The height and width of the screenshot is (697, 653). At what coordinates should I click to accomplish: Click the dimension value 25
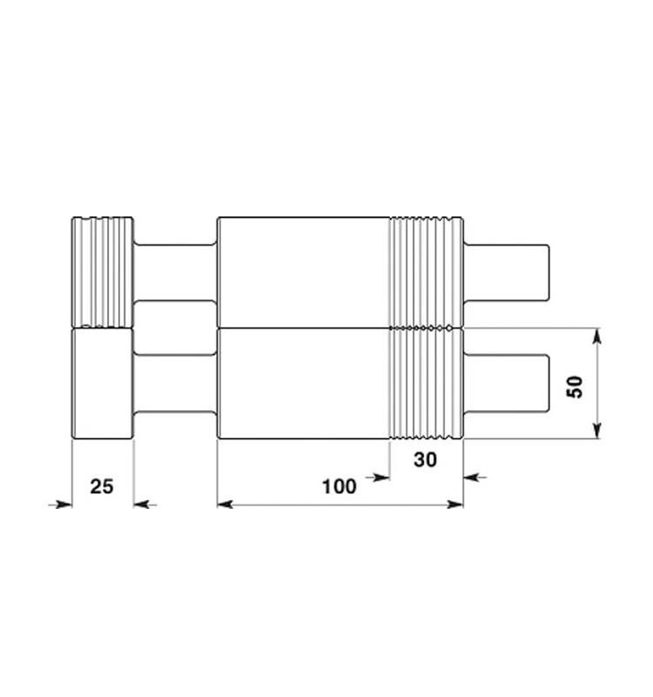(102, 486)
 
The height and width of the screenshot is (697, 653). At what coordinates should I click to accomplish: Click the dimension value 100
(339, 486)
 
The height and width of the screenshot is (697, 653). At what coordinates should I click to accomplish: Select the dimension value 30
(425, 460)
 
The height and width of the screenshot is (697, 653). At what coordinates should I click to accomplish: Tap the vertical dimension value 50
(575, 387)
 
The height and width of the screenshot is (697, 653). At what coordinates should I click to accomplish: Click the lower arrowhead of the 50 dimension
(597, 430)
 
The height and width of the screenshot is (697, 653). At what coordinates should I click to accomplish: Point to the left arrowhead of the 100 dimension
(226, 504)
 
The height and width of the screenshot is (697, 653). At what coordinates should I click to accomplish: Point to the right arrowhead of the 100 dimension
(455, 504)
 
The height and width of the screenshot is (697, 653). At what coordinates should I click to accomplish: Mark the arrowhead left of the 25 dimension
(64, 504)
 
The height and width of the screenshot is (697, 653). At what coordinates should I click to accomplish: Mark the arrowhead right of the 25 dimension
(142, 504)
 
